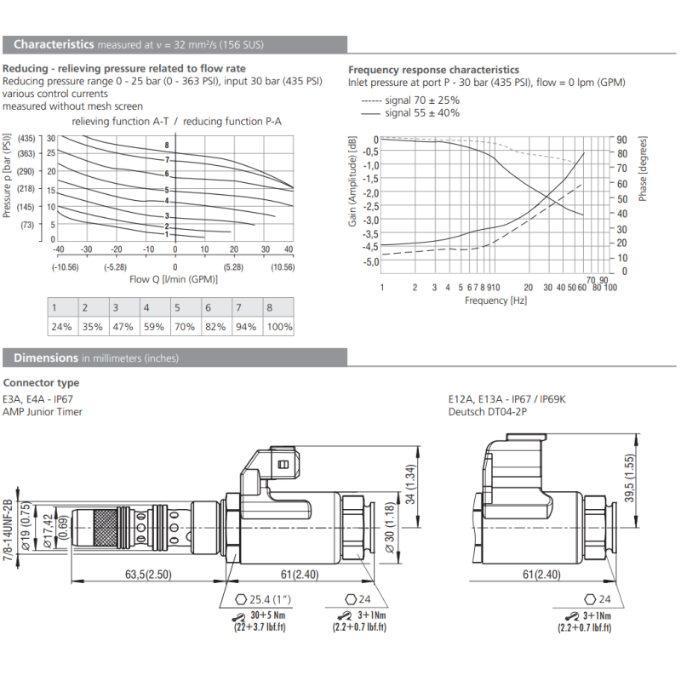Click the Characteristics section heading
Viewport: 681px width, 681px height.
pos(54,44)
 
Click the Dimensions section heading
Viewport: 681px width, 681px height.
pos(48,358)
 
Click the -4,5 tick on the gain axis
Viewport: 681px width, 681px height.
pos(370,247)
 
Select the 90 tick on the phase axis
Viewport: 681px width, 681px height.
pos(621,139)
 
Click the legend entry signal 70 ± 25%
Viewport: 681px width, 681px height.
pos(410,100)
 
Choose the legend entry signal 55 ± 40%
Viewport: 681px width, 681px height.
pos(410,112)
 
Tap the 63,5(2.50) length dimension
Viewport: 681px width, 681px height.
pos(150,575)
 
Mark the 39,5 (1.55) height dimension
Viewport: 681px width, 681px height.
pos(653,482)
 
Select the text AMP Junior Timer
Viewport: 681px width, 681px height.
pos(43,412)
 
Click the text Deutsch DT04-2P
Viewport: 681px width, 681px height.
pos(489,412)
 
